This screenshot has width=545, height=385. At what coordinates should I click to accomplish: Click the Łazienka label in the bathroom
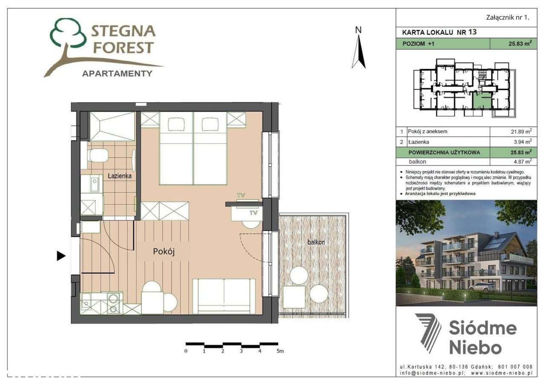(119, 175)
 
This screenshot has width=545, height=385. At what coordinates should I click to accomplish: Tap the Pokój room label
(164, 252)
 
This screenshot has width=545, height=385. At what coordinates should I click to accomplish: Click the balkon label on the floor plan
(316, 242)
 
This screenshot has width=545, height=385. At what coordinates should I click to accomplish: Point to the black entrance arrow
(61, 256)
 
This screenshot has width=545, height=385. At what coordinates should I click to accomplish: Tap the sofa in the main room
(224, 296)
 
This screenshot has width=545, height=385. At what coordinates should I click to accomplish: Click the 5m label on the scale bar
(280, 351)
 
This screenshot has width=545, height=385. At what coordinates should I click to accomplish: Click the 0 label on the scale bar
(186, 351)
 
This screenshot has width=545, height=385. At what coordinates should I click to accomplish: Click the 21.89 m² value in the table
(517, 132)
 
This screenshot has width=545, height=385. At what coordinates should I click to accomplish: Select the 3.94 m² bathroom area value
(518, 142)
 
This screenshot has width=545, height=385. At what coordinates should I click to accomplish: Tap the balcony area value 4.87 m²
(518, 162)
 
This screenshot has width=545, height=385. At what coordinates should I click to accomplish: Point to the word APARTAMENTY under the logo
(117, 74)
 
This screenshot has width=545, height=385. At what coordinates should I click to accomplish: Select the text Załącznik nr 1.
(507, 17)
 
